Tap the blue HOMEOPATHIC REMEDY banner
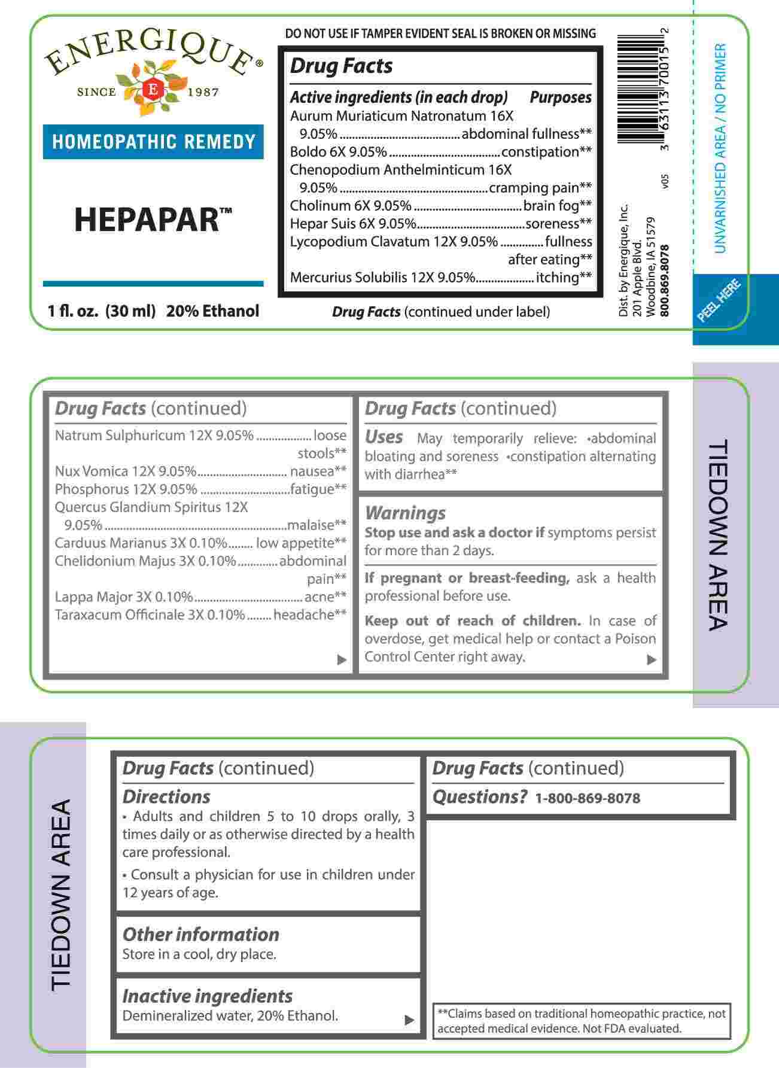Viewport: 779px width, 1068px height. [153, 142]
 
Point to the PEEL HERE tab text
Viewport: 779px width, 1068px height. [720, 300]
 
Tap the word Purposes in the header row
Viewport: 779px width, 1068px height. [560, 98]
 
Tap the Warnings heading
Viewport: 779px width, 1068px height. [405, 513]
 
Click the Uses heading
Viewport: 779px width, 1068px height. [384, 437]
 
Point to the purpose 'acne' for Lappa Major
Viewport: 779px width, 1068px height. [319, 597]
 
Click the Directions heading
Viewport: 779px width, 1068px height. [166, 796]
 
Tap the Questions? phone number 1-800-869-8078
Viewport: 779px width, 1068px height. [587, 798]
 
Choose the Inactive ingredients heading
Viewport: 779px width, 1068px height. [207, 996]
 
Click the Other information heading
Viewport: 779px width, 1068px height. [200, 934]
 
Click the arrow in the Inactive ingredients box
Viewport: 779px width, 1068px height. [409, 1020]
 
